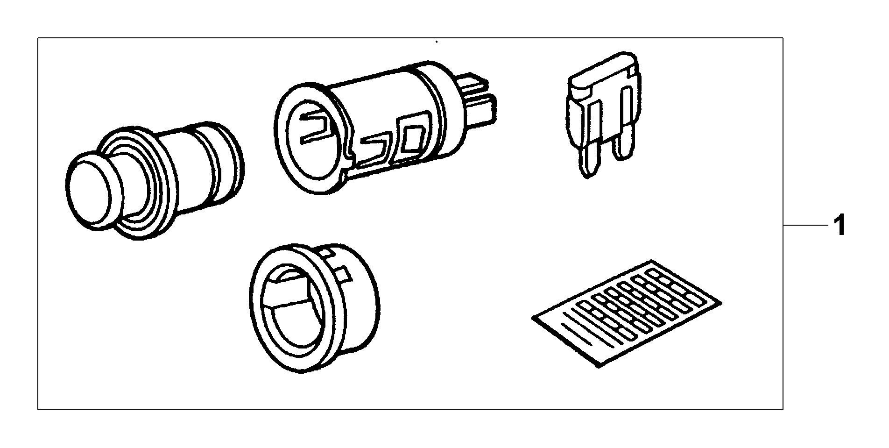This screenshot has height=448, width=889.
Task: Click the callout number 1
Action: click(x=840, y=226)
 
